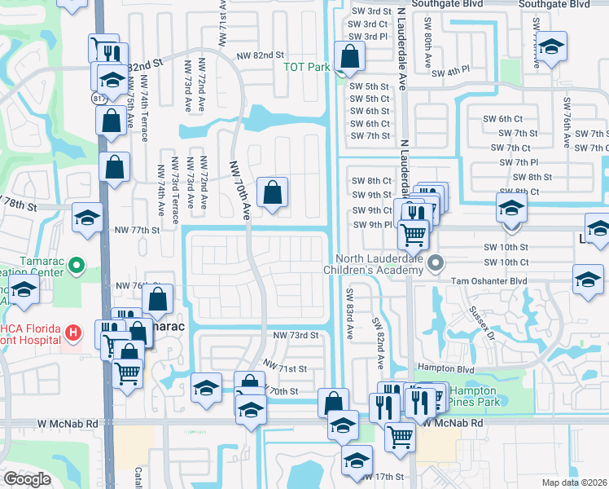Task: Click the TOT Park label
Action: click(305, 67)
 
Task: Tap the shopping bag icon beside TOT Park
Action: click(349, 56)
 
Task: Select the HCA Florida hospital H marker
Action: click(73, 333)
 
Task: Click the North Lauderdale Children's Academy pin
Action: click(436, 262)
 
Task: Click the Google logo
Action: click(27, 479)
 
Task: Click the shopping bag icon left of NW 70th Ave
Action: click(273, 193)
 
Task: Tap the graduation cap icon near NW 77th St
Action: click(86, 217)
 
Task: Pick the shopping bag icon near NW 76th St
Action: click(157, 299)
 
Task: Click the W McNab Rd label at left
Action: click(67, 424)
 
